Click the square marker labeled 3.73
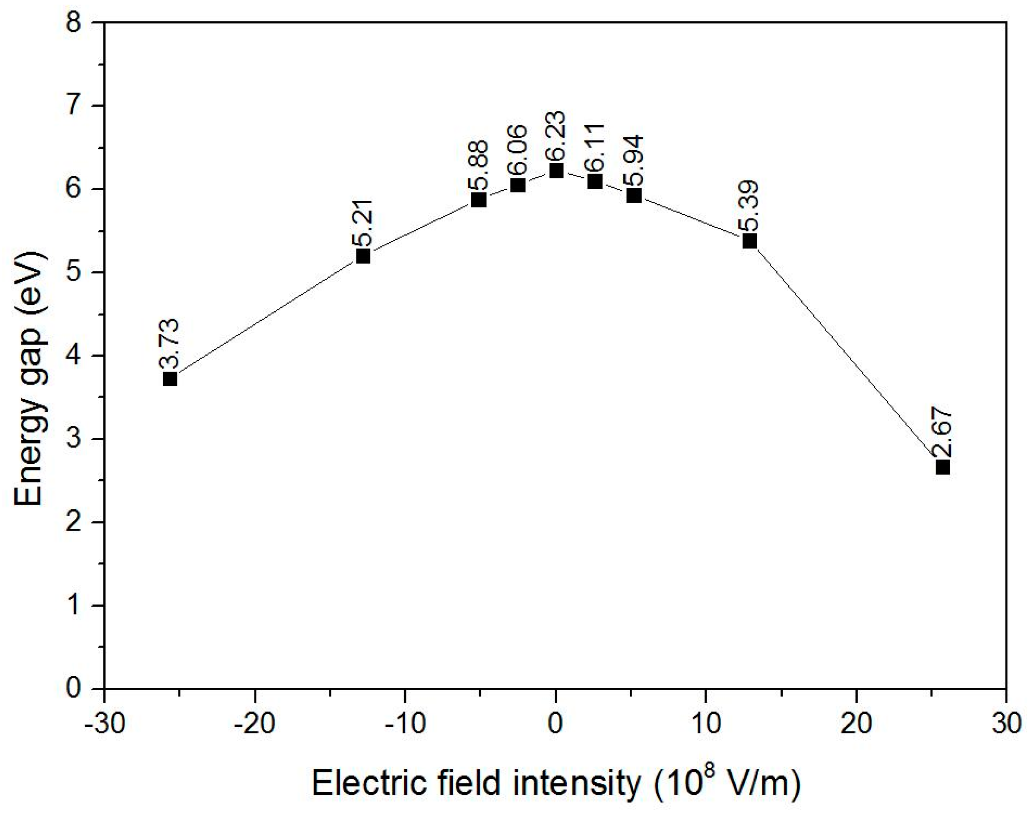170,379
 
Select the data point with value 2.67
943,467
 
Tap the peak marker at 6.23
556,170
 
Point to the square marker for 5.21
363,256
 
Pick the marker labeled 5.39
750,241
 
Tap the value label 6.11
595,148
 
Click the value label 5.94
634,161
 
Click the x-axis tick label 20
857,724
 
